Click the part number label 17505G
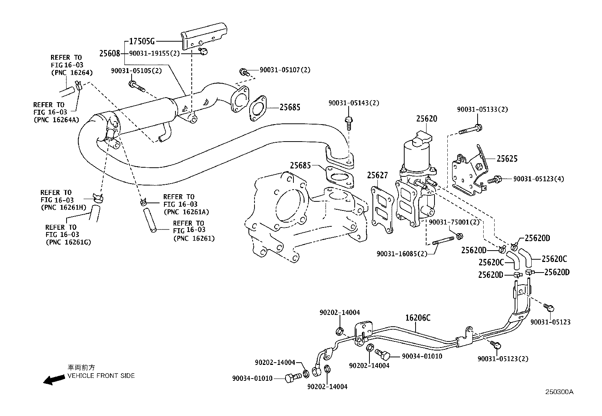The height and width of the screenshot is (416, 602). (142, 41)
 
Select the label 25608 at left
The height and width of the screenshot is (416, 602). (110, 54)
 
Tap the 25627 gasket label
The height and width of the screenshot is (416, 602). (377, 175)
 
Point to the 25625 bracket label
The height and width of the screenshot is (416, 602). (507, 159)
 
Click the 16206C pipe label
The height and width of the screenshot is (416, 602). (418, 318)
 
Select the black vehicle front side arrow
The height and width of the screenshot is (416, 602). (53, 380)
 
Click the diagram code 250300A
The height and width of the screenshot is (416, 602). (559, 392)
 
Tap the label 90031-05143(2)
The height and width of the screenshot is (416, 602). (354, 103)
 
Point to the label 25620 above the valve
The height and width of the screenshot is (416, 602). (427, 118)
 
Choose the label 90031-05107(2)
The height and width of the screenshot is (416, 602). (285, 70)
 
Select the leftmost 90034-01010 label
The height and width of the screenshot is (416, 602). (252, 378)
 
